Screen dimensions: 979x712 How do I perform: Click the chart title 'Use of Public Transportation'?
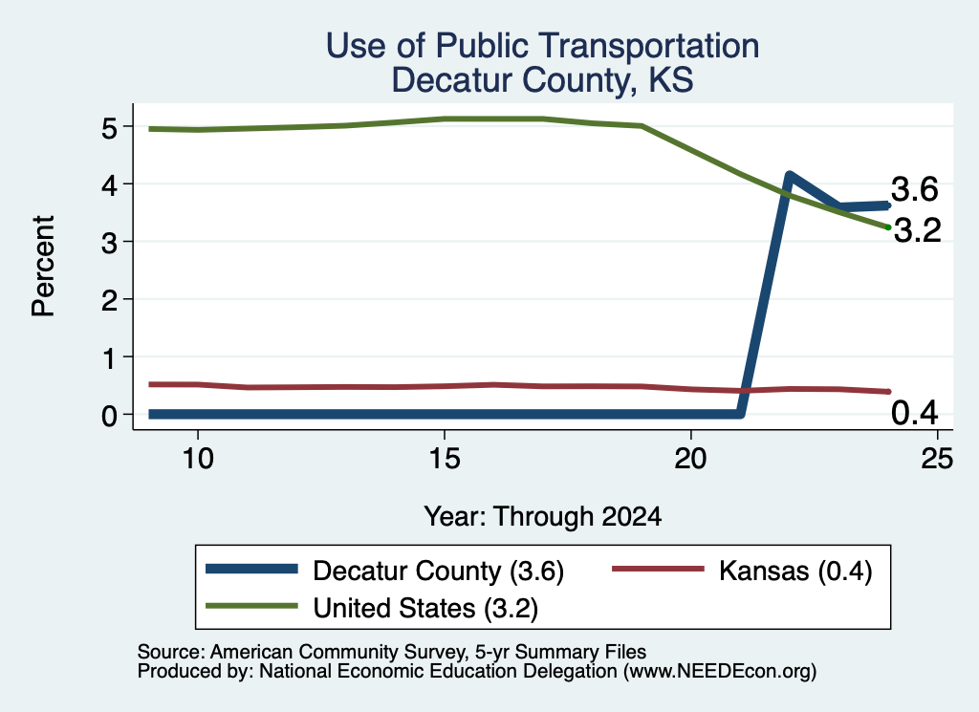543,46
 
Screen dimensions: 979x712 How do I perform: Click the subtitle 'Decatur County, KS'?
543,80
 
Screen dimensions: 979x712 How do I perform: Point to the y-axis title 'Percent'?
43,267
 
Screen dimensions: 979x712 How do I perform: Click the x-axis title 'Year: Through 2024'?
543,517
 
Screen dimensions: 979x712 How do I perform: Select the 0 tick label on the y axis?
109,415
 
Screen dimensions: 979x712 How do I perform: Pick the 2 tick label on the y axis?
109,300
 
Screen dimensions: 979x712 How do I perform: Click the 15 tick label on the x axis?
445,459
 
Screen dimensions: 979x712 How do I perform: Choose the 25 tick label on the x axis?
937,459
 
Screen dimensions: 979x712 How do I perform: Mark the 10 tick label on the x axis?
198,459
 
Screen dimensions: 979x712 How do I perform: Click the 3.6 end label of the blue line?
915,189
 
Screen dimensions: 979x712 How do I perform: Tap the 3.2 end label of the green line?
918,231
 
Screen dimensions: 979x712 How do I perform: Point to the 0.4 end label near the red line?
915,413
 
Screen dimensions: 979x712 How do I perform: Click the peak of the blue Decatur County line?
789,176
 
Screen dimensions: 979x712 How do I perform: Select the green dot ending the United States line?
888,227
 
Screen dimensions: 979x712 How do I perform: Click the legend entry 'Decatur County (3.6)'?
385,571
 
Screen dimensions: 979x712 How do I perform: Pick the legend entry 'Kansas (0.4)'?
742,571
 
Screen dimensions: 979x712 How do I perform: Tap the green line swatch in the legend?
251,607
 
